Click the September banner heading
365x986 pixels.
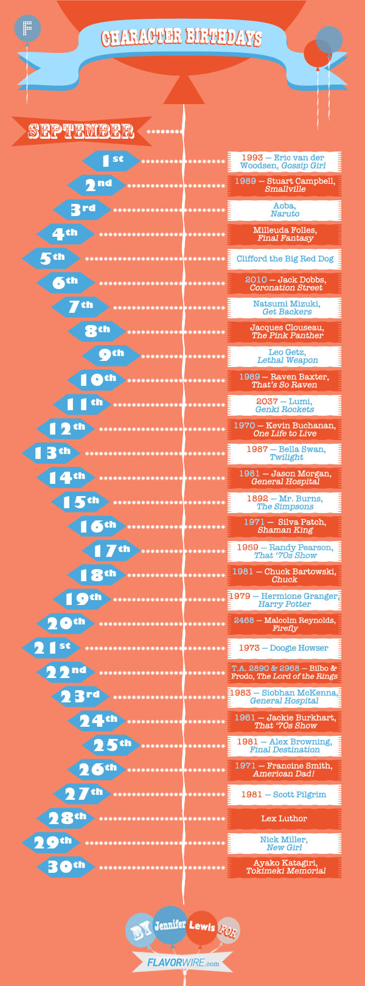(x=81, y=131)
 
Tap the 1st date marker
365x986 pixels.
(x=112, y=160)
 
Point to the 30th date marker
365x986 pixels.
(x=66, y=866)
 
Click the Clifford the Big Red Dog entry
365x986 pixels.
(x=285, y=259)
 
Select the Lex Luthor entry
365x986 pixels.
(x=284, y=819)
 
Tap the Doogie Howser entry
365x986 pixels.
(x=284, y=648)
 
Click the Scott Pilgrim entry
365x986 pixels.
(x=284, y=794)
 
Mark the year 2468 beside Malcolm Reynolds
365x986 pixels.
(x=244, y=620)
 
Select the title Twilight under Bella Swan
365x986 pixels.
(x=286, y=457)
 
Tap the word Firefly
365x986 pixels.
(x=285, y=628)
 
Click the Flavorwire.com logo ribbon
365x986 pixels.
(x=182, y=963)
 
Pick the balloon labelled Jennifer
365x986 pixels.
(x=170, y=925)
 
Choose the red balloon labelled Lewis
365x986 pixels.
(x=202, y=927)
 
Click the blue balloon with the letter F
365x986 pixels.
(x=27, y=28)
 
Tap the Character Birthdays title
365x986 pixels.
(x=181, y=38)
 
